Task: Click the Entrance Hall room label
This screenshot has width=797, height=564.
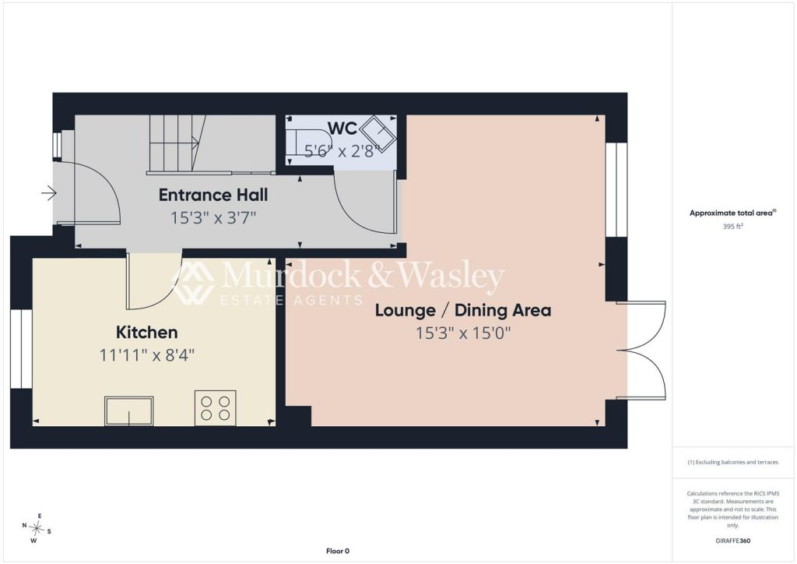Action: click(213, 195)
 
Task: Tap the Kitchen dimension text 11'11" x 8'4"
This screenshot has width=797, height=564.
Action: click(147, 355)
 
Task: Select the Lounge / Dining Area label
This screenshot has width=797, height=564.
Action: click(463, 310)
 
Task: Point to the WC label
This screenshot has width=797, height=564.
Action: click(342, 129)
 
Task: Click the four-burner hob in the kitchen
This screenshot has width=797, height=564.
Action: click(215, 408)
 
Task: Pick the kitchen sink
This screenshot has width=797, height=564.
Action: click(128, 411)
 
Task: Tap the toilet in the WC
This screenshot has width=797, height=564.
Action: click(307, 141)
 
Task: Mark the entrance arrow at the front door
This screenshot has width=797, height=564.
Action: click(49, 193)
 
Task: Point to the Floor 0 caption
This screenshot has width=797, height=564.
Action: click(338, 551)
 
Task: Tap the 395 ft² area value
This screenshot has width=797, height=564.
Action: click(732, 227)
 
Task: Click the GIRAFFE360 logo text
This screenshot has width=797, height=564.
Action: click(732, 541)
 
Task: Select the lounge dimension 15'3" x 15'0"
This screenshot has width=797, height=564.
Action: click(463, 333)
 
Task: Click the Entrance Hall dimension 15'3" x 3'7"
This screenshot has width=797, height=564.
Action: click(213, 218)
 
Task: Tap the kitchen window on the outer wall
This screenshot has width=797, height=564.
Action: click(21, 348)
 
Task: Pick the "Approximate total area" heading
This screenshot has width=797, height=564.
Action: click(732, 213)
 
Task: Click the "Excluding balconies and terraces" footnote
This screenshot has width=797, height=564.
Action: click(732, 462)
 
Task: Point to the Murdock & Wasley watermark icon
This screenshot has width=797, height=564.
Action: click(193, 282)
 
